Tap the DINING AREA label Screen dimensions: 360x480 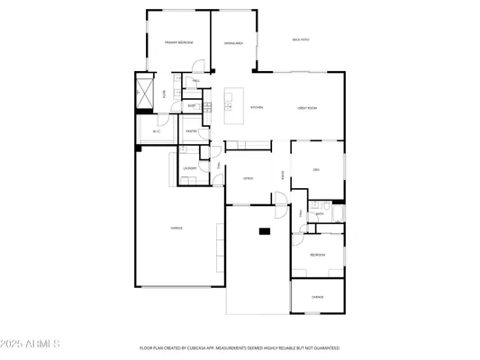[x=233, y=42]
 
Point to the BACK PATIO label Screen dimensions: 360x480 [x=301, y=40]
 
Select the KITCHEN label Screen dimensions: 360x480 [x=257, y=107]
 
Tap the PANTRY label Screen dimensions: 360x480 [x=192, y=130]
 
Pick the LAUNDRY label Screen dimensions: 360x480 [x=190, y=167]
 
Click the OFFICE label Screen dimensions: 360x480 [x=248, y=178]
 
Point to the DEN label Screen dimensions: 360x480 [x=316, y=169]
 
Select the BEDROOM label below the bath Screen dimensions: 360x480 [x=317, y=255]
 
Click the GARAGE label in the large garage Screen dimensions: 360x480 [x=177, y=228]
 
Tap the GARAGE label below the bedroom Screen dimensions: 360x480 [x=317, y=296]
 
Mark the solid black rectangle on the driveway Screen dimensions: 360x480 [x=265, y=231]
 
